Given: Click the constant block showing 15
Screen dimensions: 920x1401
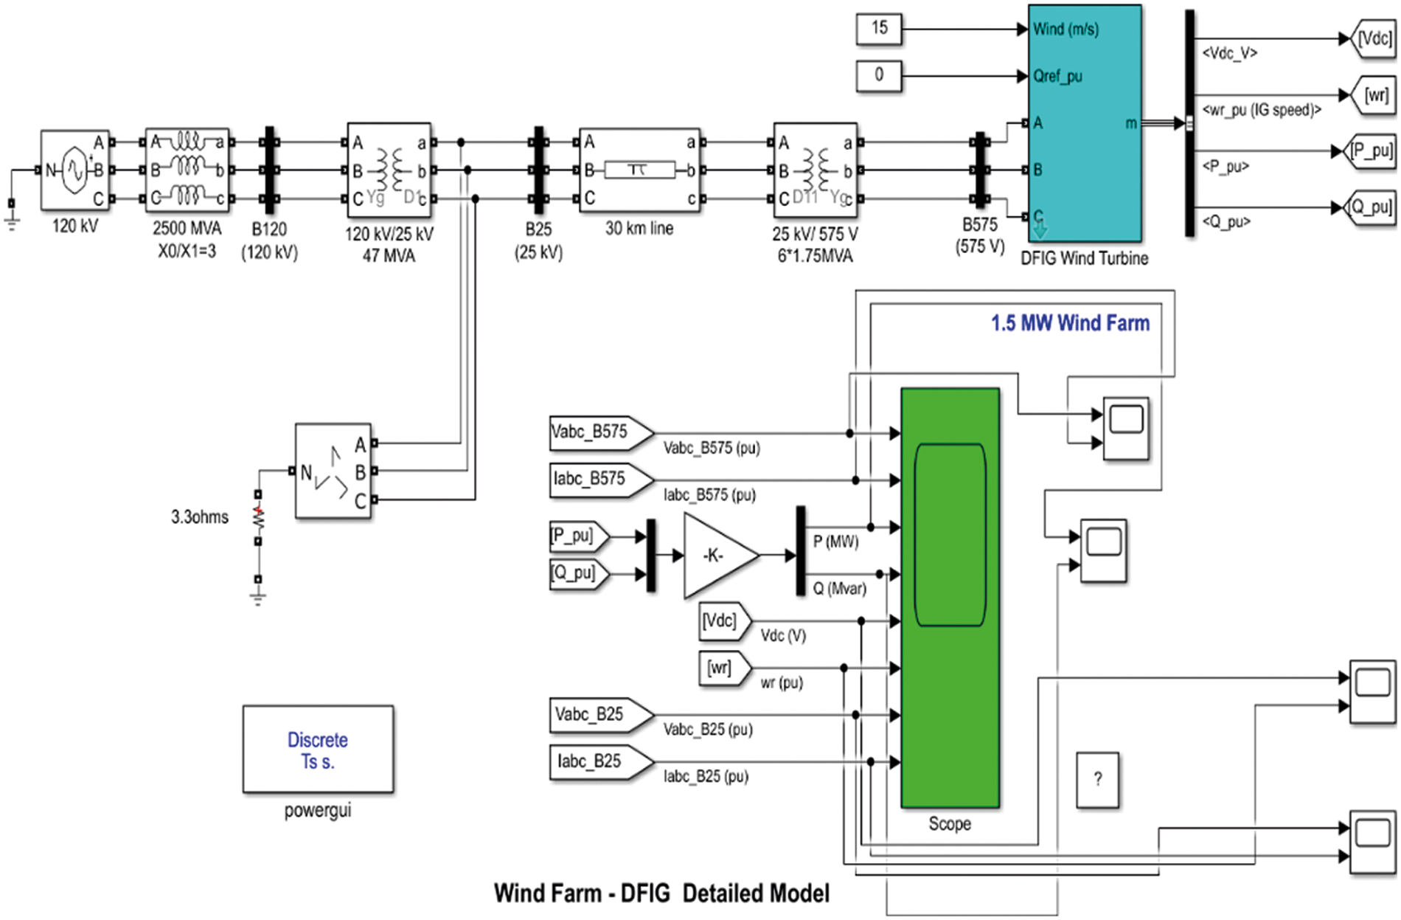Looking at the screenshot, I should (x=879, y=30).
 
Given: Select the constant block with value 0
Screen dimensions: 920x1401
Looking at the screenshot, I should (x=879, y=75).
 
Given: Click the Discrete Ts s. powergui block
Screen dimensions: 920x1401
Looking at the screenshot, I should (x=318, y=750).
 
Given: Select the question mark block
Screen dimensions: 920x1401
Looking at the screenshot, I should (x=1097, y=780).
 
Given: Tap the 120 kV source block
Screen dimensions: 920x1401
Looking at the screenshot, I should (x=74, y=170).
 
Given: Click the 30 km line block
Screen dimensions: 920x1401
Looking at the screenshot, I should (x=639, y=170).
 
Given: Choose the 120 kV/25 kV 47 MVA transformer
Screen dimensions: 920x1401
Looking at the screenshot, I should (x=389, y=170).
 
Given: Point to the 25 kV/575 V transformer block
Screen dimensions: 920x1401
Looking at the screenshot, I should (x=815, y=170).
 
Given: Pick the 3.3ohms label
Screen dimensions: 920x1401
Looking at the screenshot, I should (x=200, y=517).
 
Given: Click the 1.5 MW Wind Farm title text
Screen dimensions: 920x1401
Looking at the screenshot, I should (x=1069, y=323).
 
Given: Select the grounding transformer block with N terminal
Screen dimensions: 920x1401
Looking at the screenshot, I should (x=333, y=471).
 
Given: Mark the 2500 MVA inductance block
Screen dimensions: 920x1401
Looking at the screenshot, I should (x=187, y=170).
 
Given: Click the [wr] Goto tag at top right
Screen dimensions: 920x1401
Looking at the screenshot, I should (x=1374, y=96).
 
